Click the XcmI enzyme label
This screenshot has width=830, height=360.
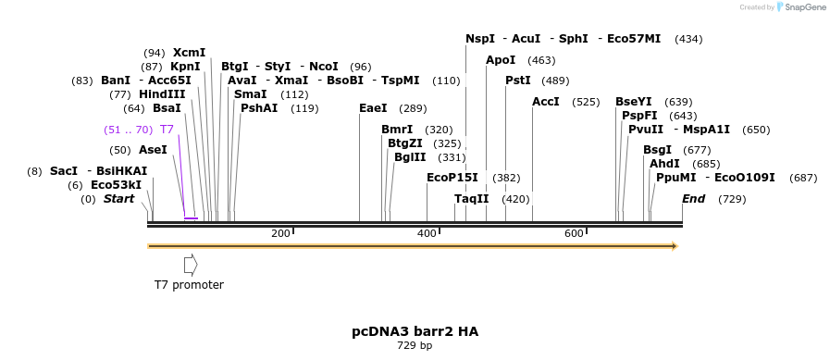point(189,53)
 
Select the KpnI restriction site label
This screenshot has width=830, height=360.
point(185,67)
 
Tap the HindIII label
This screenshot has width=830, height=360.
point(162,94)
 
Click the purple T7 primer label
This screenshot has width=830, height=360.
point(167,130)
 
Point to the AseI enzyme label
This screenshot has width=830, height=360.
point(153,150)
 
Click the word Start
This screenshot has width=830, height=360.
point(118,199)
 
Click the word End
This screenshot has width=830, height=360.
point(693,199)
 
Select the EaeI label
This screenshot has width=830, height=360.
point(373,108)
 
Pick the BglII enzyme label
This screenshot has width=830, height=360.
point(410,157)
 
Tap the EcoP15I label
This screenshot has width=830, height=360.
point(452,178)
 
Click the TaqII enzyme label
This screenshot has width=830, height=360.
point(472,199)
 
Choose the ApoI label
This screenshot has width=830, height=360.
point(501,60)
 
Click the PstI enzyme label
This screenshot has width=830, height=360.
point(518,81)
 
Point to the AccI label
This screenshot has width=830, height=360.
point(546,102)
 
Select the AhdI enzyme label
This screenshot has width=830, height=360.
point(664,164)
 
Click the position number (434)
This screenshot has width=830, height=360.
point(688,39)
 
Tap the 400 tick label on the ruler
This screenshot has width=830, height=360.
point(427,233)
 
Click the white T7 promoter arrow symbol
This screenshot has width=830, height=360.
point(191,265)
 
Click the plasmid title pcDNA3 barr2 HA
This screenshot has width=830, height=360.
point(415,331)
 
